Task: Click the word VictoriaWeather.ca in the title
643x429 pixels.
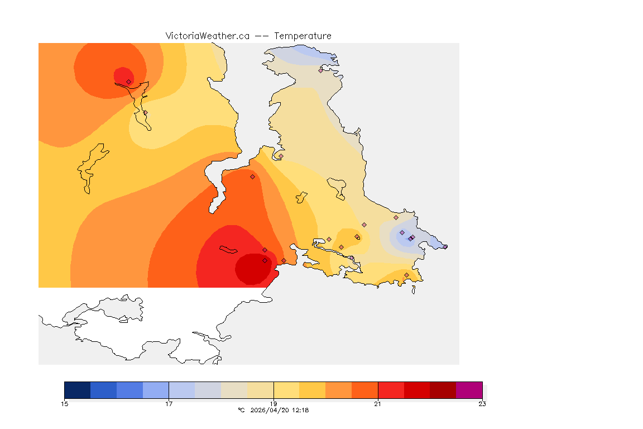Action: tap(207, 36)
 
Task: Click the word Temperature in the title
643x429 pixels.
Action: tap(303, 36)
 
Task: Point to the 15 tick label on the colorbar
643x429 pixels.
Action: tap(64, 404)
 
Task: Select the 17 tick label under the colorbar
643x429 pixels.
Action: tap(169, 404)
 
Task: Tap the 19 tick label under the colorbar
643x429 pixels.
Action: tap(273, 404)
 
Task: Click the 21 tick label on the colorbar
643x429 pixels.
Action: tap(378, 404)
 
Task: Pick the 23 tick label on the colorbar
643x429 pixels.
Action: tap(482, 404)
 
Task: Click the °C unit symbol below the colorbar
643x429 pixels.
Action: tap(241, 410)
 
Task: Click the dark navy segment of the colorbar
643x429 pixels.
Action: tap(77, 390)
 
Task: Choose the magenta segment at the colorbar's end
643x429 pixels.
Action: tap(469, 390)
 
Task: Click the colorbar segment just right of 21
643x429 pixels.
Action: tap(391, 390)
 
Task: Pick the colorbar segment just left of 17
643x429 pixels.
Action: tap(156, 390)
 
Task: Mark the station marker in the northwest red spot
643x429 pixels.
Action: tap(129, 82)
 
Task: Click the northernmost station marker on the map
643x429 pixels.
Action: tap(321, 70)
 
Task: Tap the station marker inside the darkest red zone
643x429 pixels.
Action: tap(265, 261)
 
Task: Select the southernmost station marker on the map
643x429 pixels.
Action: tap(406, 275)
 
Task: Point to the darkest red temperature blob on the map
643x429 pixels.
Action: tap(254, 269)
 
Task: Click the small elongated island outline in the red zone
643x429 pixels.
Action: tap(229, 249)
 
